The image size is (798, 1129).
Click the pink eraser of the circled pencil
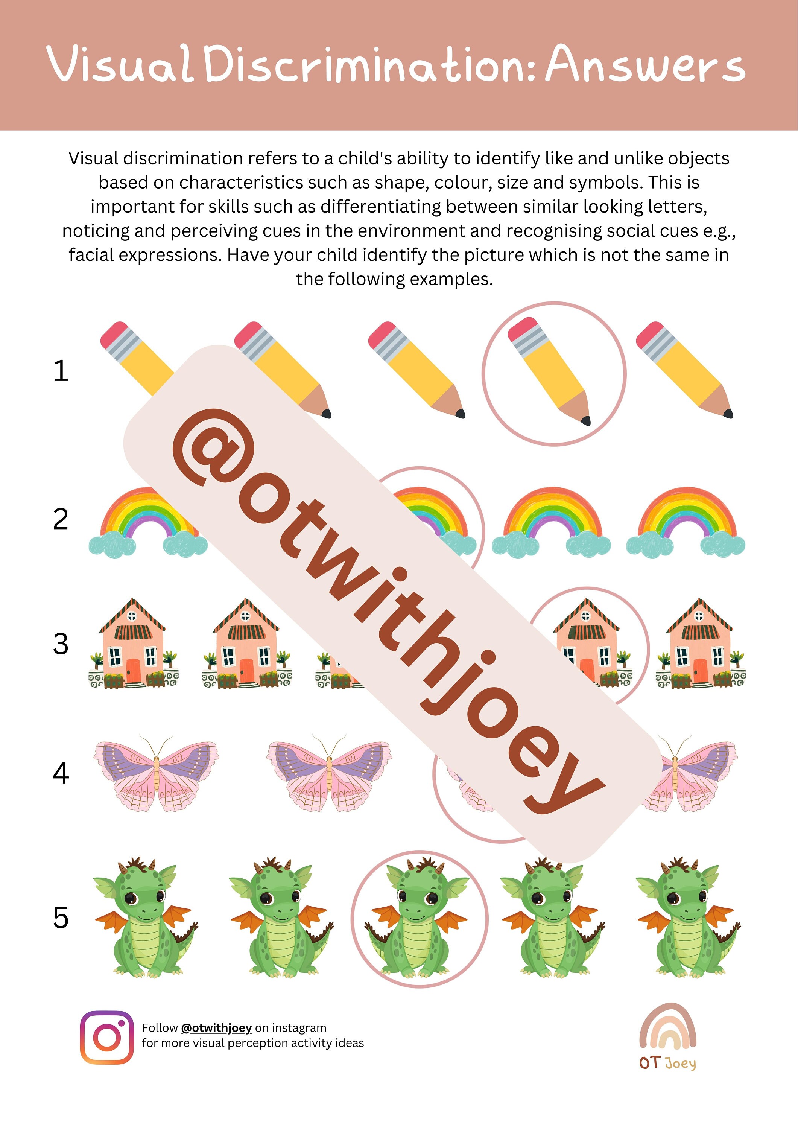pos(522,329)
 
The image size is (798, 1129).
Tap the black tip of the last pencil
pos(728,414)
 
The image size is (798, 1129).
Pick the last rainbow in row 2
pos(686,521)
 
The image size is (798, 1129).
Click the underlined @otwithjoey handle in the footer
pos(216,1028)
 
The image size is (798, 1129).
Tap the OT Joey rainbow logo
pos(667,1032)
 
